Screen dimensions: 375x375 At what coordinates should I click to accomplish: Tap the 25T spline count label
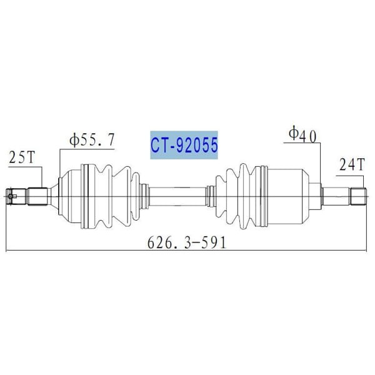[x=21, y=159]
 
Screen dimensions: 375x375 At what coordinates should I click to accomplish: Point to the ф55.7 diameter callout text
[x=92, y=141]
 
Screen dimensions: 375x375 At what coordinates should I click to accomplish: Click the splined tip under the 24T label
[x=357, y=196]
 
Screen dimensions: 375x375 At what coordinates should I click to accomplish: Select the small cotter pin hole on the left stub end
[x=13, y=197]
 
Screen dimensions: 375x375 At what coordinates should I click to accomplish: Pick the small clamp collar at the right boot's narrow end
[x=211, y=196]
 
